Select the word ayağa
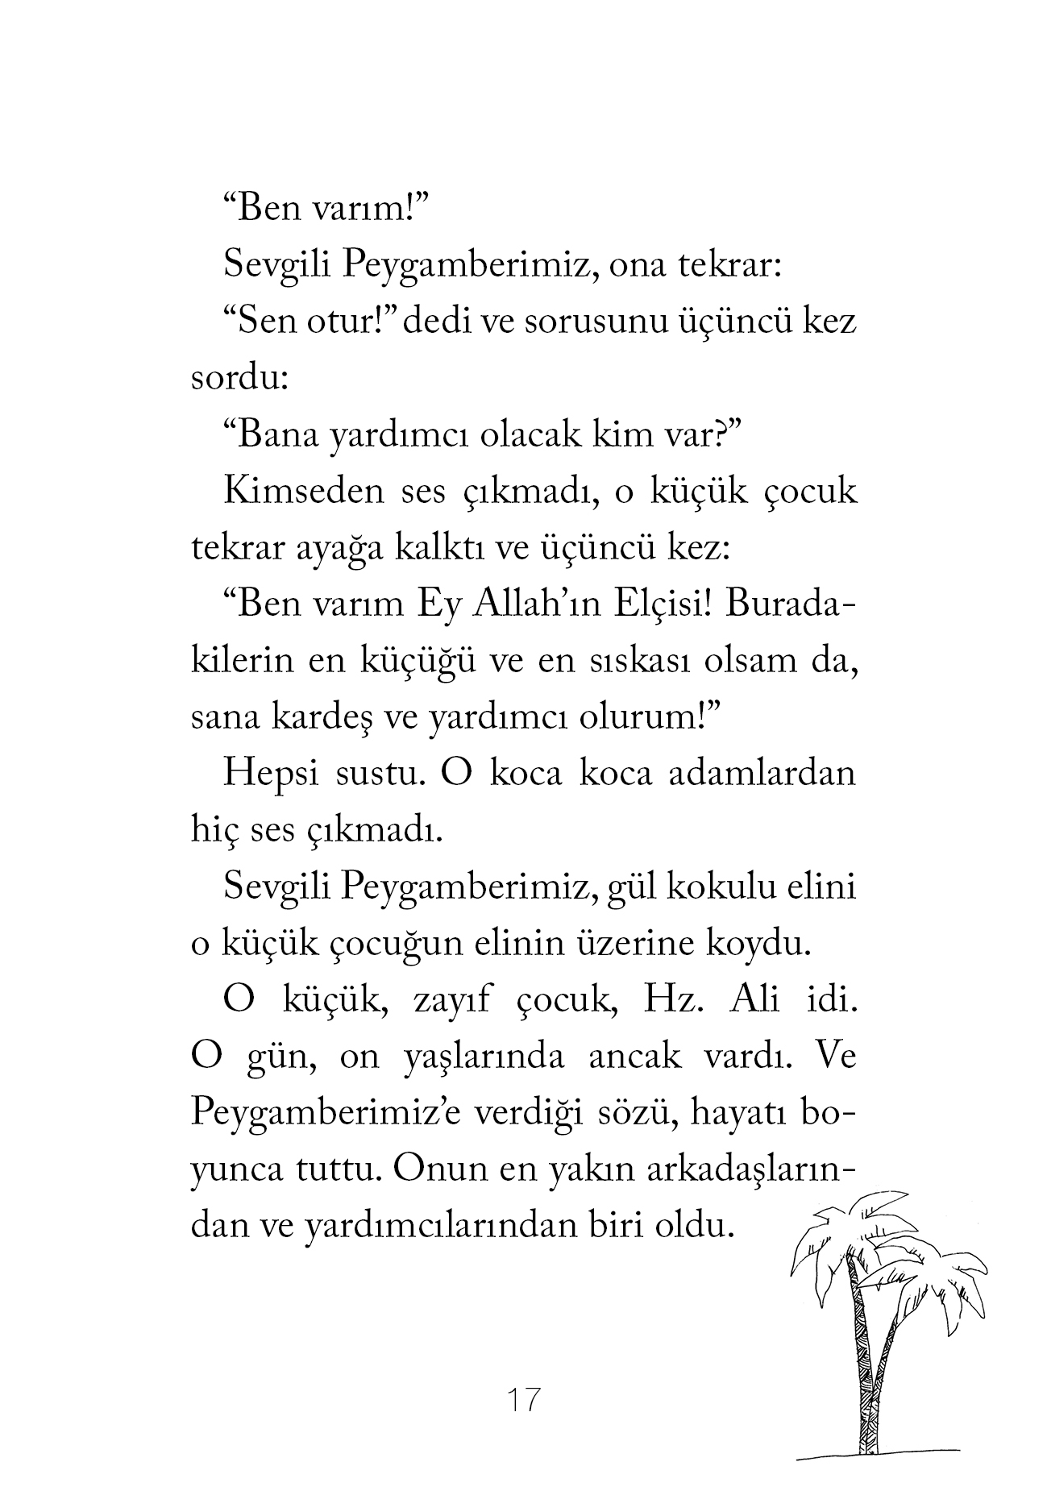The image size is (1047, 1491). click(347, 550)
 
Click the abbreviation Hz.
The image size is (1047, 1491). click(663, 1001)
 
